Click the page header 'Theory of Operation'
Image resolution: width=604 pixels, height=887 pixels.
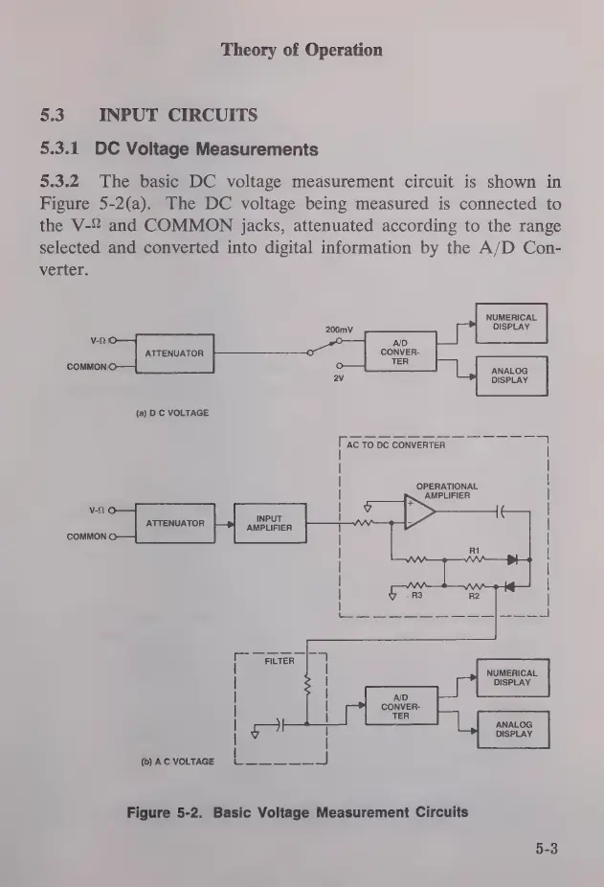coord(302,50)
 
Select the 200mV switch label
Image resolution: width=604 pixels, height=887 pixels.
coord(339,330)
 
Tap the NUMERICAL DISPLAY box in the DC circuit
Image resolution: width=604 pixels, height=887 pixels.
coord(511,323)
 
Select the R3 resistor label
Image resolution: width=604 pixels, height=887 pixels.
coord(417,596)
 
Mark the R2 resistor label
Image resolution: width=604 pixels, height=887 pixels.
coord(473,596)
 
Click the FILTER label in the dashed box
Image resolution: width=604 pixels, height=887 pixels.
coord(279,660)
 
